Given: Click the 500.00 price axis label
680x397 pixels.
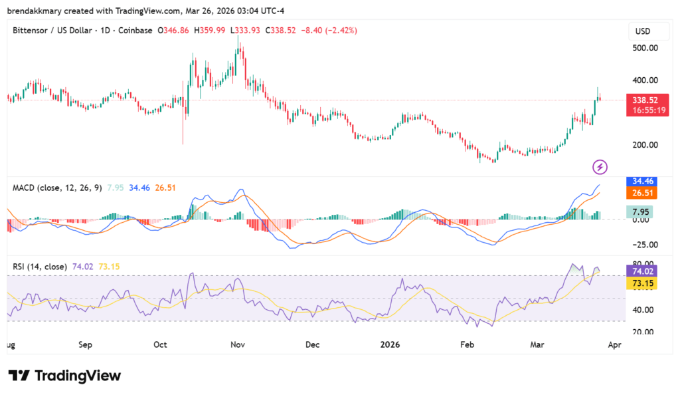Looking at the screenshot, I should (644, 48).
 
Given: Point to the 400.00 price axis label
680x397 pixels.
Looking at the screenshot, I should (644, 80).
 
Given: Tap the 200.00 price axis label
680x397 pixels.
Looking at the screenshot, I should (644, 145).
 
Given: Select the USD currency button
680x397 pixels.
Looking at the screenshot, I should (643, 31).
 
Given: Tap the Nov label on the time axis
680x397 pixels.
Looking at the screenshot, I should (237, 345).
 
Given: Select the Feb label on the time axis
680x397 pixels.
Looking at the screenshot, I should (467, 345).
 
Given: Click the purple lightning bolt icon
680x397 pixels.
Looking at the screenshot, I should (600, 166).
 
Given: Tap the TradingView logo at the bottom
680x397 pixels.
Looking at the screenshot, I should (64, 376).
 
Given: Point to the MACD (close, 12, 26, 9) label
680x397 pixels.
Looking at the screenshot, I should (57, 188).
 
